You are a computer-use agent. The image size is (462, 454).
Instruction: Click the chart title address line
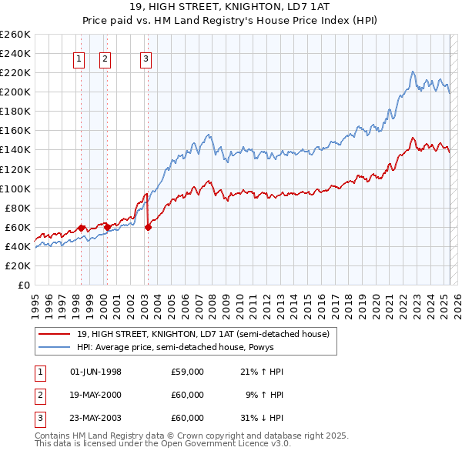231,8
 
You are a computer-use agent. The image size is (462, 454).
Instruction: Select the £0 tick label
24,285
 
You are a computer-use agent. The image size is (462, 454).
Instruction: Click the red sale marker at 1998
81,228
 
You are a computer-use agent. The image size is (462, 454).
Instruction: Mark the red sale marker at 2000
107,227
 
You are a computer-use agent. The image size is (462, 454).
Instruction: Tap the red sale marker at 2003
148,227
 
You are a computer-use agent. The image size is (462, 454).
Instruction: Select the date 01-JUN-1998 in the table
95,372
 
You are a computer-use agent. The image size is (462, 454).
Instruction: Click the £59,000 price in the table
188,372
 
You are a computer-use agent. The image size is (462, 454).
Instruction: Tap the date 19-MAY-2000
95,395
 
